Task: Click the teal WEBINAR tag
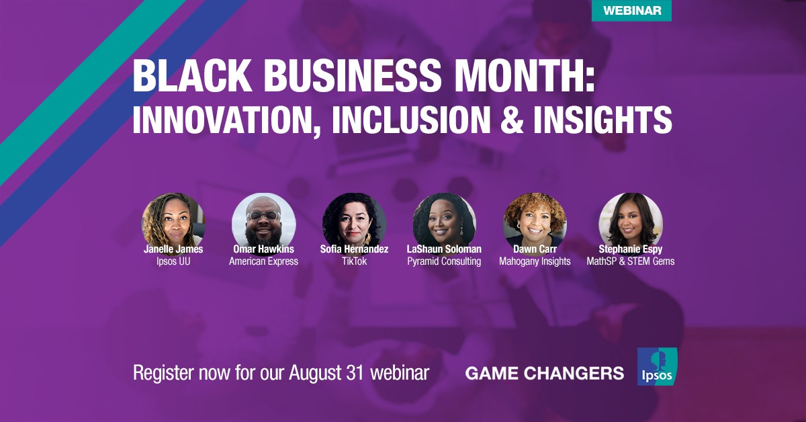pos(631,10)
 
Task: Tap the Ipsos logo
pos(657,366)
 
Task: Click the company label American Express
pos(264,261)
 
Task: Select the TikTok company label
pos(354,261)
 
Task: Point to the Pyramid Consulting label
pos(444,261)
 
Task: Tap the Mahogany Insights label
pos(535,261)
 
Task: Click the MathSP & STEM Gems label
pos(631,261)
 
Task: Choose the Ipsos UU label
pos(173,261)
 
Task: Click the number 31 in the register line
pos(356,373)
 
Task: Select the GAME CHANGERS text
pos(545,374)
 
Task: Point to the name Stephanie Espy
pos(631,249)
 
